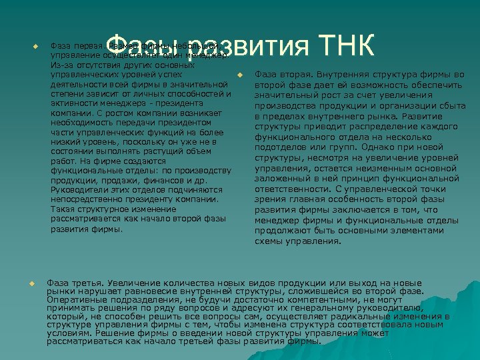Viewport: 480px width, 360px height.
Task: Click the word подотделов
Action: (x=279, y=148)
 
